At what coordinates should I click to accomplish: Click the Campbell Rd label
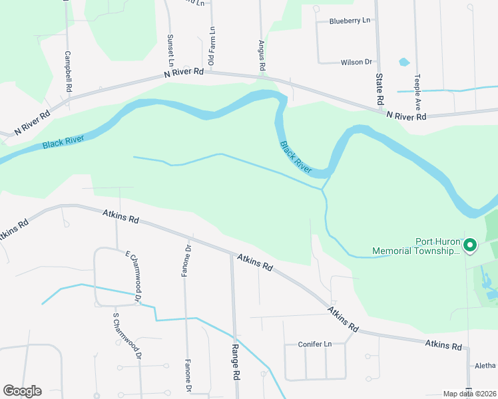(x=68, y=71)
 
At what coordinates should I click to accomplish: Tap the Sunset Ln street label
(x=170, y=46)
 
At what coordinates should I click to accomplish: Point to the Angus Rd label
(x=262, y=55)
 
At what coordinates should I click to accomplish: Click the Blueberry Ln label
(x=350, y=21)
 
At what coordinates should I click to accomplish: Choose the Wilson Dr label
(x=356, y=62)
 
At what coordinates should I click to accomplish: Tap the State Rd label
(x=380, y=89)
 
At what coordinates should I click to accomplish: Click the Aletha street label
(x=485, y=366)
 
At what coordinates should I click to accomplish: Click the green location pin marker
(x=470, y=245)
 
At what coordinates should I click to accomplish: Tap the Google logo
(x=22, y=391)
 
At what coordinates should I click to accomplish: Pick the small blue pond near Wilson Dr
(x=403, y=63)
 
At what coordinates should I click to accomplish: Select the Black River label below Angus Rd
(x=296, y=157)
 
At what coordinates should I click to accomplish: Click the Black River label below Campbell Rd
(x=63, y=141)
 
